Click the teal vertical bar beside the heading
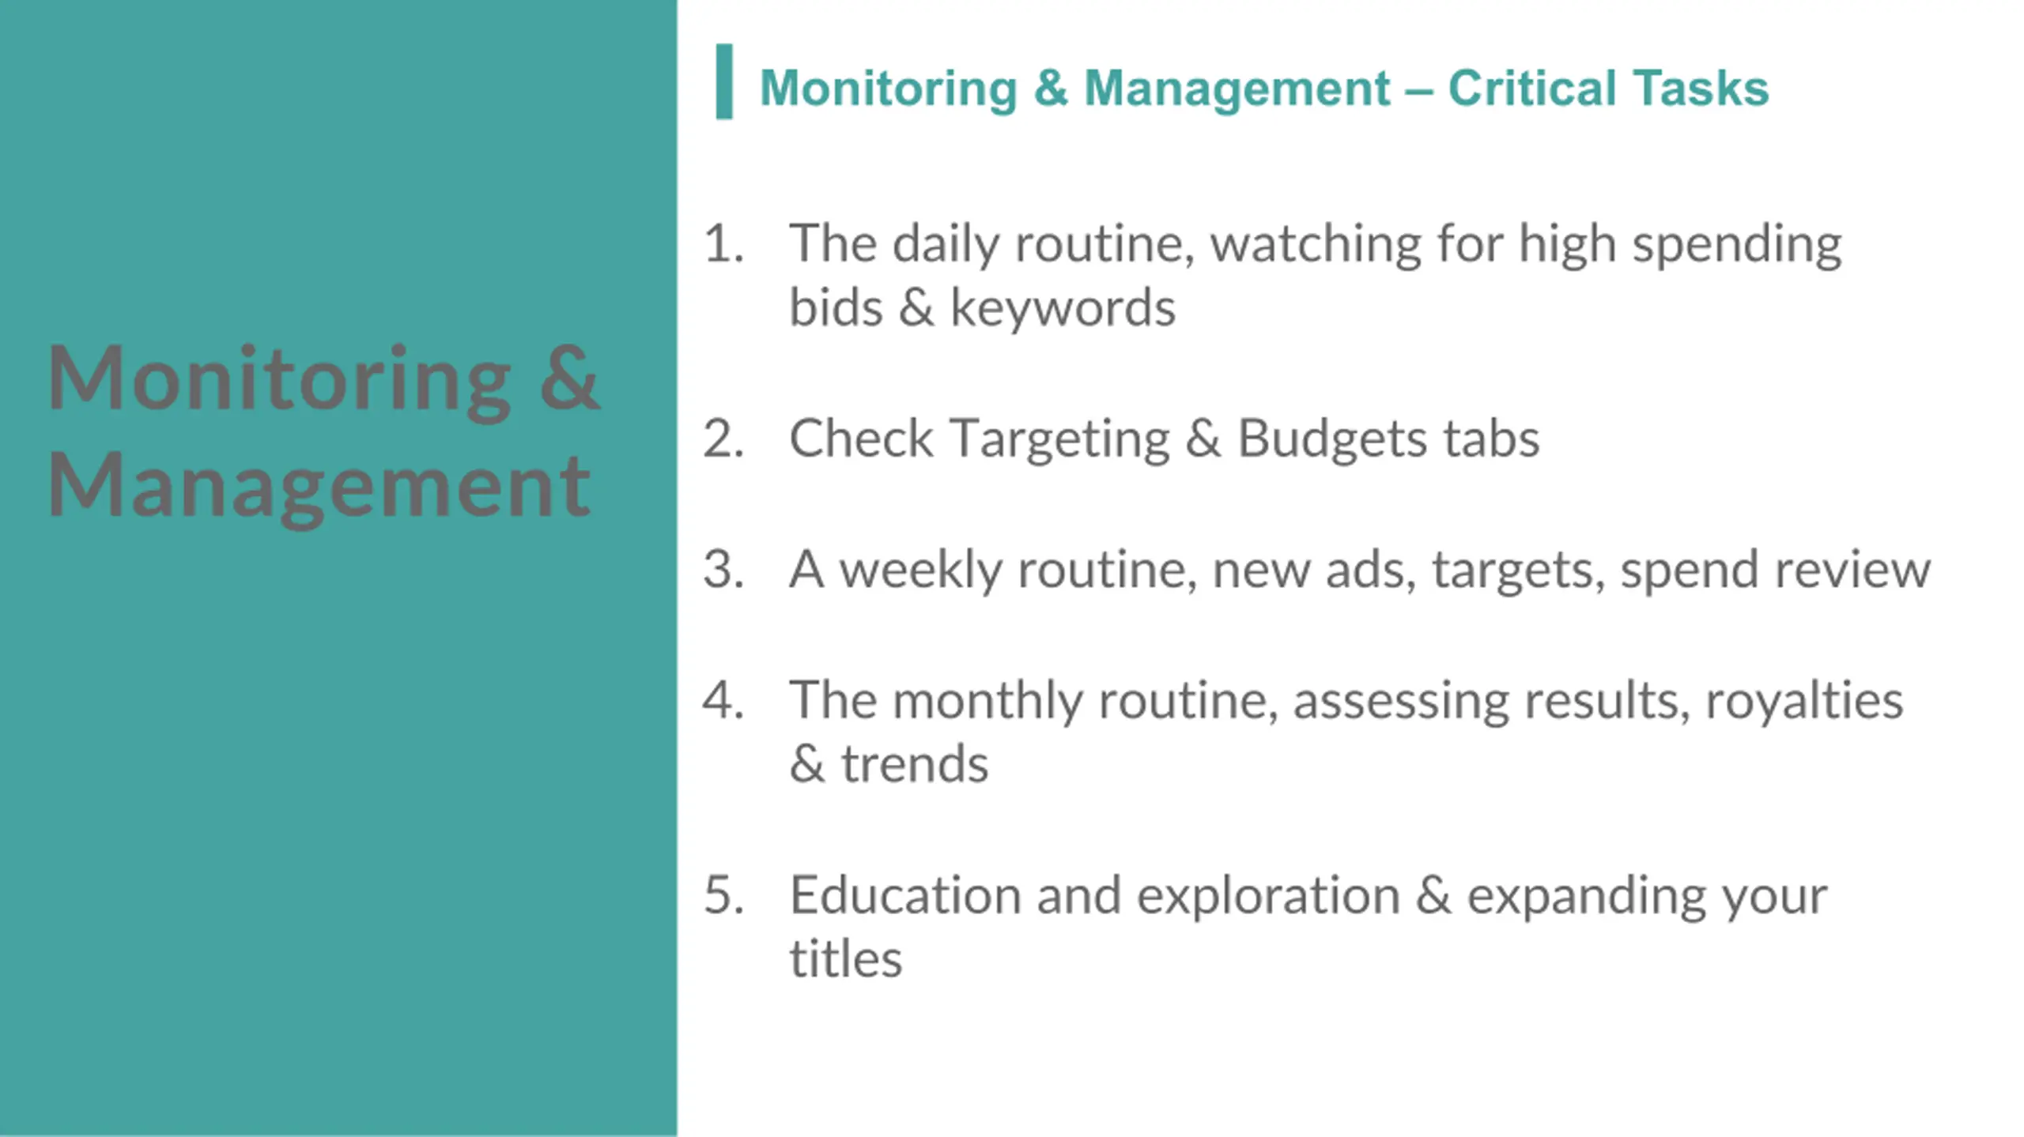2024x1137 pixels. point(723,81)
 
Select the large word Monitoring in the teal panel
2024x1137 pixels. point(279,379)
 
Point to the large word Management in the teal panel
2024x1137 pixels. point(319,486)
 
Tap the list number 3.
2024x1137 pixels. point(723,569)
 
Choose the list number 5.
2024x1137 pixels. point(723,895)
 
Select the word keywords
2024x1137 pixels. point(1063,307)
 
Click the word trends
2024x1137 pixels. point(914,764)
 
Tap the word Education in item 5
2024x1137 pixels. point(905,895)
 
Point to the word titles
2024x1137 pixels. point(845,959)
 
